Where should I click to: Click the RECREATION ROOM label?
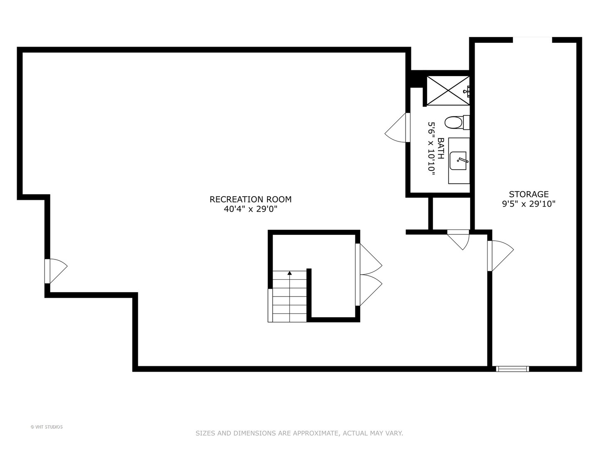250,199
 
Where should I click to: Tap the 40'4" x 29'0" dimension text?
250,209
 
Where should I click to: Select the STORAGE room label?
528,194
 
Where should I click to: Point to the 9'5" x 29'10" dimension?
528,204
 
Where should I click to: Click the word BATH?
441,148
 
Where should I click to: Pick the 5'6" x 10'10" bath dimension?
431,148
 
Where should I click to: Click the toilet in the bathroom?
457,123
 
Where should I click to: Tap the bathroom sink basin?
458,160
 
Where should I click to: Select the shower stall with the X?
448,91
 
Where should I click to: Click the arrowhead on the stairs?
290,273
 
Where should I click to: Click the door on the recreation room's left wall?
56,271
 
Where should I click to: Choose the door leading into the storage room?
500,256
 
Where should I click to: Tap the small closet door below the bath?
458,239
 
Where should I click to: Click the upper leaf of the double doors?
369,259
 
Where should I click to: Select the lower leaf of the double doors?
369,290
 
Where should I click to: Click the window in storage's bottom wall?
512,369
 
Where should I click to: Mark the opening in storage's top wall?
532,40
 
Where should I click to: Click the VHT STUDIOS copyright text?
47,427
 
